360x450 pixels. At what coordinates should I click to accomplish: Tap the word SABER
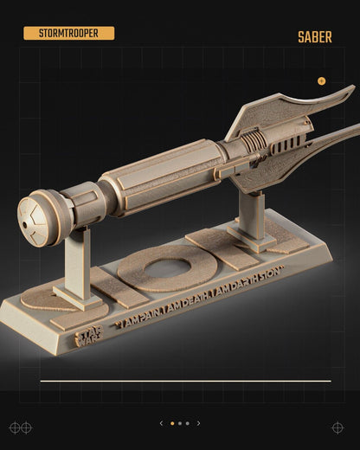pyautogui.click(x=314, y=37)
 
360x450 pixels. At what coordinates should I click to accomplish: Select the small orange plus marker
pyautogui.click(x=322, y=80)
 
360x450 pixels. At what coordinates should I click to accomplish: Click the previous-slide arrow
pyautogui.click(x=160, y=423)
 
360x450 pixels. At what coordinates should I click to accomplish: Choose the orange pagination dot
pyautogui.click(x=171, y=423)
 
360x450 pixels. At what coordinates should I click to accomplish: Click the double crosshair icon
pyautogui.click(x=20, y=427)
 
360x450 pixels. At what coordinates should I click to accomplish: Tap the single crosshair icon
pyautogui.click(x=337, y=427)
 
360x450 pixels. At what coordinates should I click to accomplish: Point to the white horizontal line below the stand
pyautogui.click(x=185, y=380)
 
